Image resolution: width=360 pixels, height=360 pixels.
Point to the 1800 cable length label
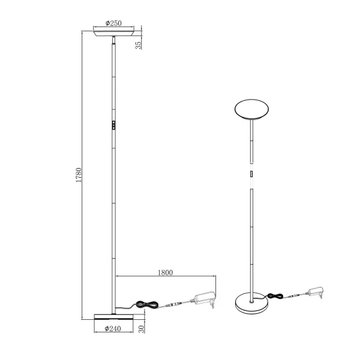point(166,272)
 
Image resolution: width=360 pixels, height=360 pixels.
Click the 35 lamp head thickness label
point(139,43)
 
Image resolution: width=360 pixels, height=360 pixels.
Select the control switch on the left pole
point(113,126)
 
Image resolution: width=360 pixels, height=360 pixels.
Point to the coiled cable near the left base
point(146,305)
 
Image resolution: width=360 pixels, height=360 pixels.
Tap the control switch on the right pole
point(251,175)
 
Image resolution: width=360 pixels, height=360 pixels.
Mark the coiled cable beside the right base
point(274,296)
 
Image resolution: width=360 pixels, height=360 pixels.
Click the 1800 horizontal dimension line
point(165,277)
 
